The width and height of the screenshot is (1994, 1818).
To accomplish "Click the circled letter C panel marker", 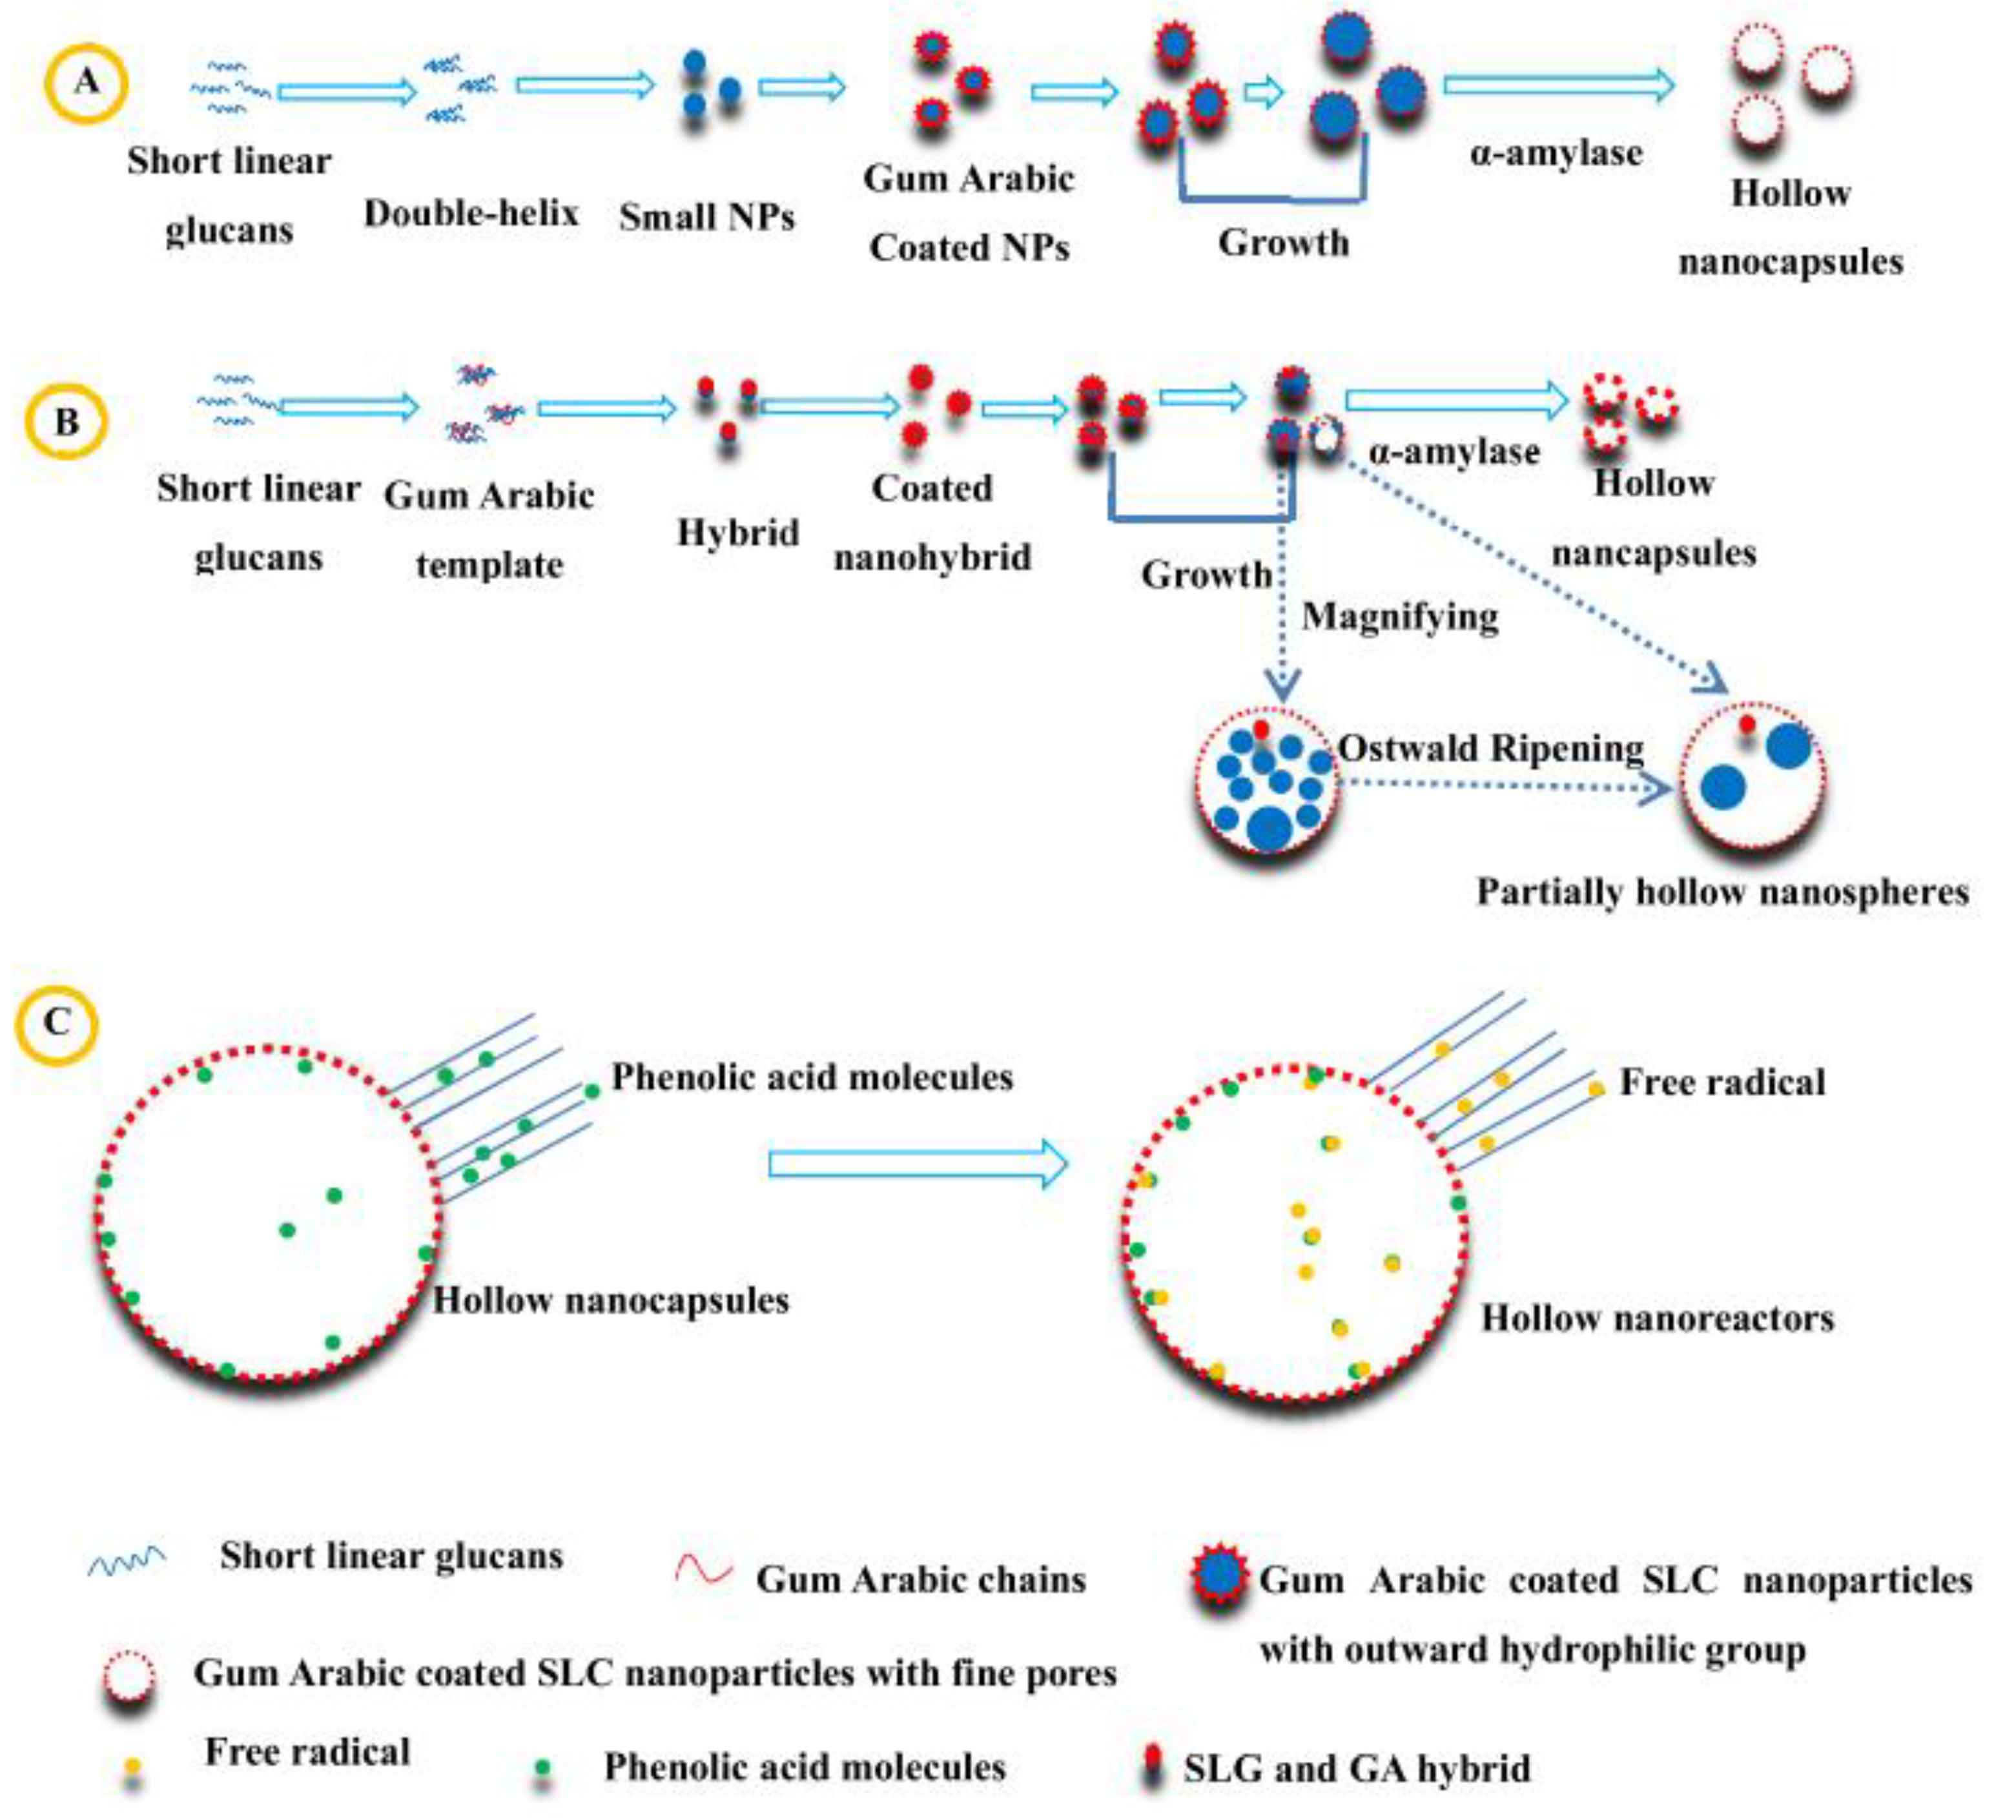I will tap(56, 1022).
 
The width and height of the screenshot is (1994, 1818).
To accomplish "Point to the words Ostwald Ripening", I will tap(1490, 749).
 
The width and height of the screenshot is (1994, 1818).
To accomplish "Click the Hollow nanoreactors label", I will tap(1657, 1319).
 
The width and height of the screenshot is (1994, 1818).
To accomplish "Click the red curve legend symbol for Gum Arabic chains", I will tap(703, 1570).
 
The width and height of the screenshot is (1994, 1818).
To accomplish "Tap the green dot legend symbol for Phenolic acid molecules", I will tap(541, 1768).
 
